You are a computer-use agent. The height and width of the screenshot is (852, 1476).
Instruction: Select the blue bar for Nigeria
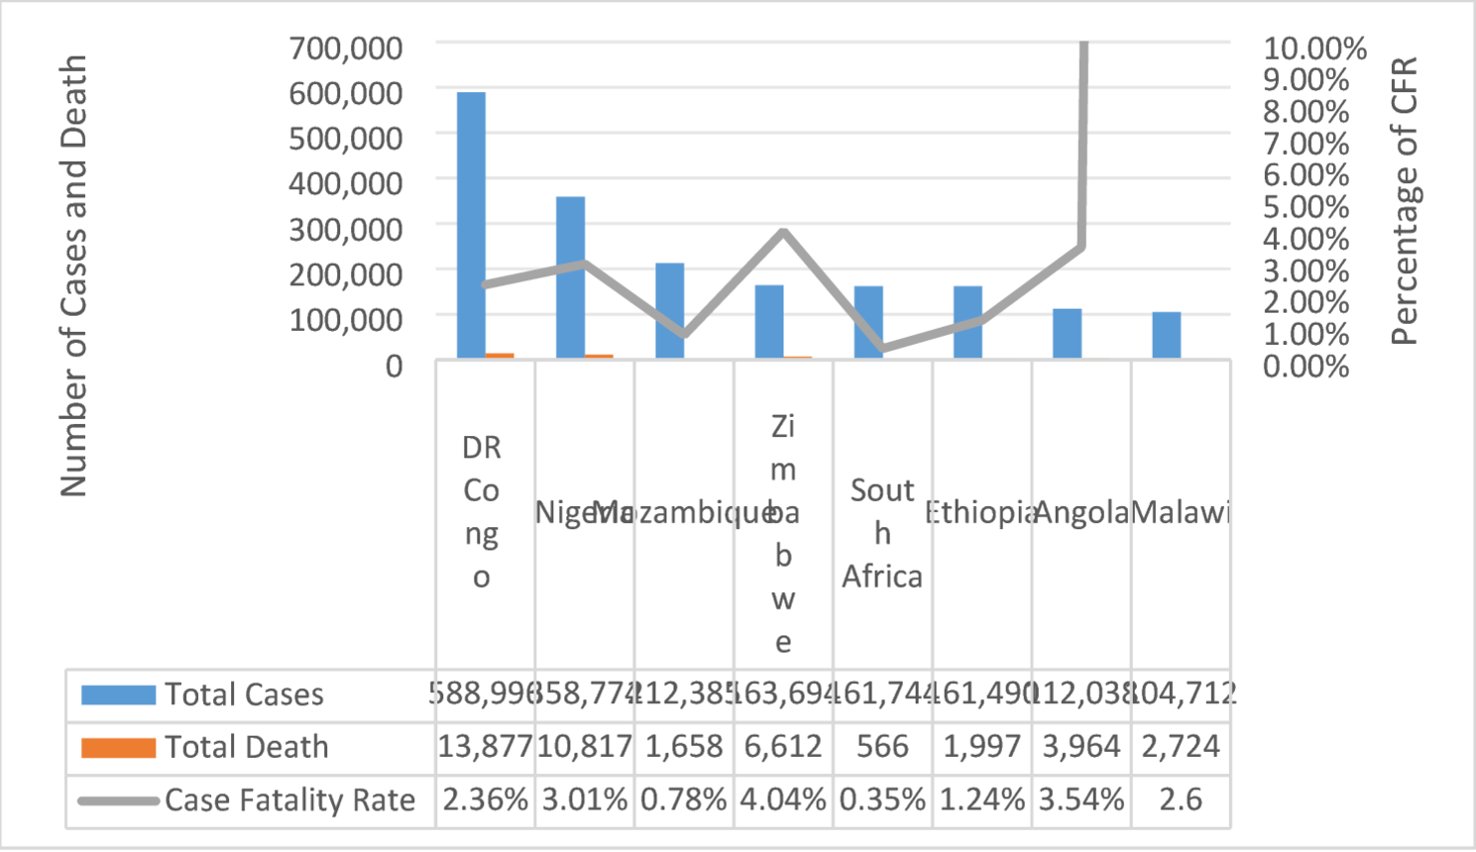point(570,277)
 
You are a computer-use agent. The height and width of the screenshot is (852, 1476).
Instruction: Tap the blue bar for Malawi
point(1167,335)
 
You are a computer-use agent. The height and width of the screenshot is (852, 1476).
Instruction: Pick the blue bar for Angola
point(1067,334)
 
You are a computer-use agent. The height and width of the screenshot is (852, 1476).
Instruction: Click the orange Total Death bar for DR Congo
point(500,355)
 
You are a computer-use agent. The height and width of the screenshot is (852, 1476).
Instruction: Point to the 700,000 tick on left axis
point(346,48)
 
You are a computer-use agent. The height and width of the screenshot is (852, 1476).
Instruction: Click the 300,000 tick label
point(346,229)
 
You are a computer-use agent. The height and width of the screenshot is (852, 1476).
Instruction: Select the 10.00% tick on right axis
point(1314,48)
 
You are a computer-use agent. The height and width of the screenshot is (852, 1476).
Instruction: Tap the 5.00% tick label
point(1306,207)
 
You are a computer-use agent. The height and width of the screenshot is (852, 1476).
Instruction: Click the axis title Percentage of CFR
point(1405,201)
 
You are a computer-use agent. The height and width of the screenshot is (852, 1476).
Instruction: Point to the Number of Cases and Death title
point(73,275)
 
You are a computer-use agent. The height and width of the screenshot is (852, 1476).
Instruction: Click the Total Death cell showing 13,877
point(485,746)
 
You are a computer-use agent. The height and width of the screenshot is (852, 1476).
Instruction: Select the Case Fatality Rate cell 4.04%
point(783,799)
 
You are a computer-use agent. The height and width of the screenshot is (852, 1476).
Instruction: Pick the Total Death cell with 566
point(882,746)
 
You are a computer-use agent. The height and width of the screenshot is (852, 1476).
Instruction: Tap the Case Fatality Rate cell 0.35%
point(882,799)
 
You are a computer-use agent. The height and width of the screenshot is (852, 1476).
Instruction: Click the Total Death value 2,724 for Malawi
point(1181,746)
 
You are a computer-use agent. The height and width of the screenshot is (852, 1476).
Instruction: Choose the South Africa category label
point(882,533)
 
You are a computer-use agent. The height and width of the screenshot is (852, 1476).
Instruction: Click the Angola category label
point(1081,512)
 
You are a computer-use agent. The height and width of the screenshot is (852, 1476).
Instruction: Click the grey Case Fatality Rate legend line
point(118,800)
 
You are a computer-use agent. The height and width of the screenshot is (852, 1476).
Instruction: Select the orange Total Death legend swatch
point(118,747)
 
